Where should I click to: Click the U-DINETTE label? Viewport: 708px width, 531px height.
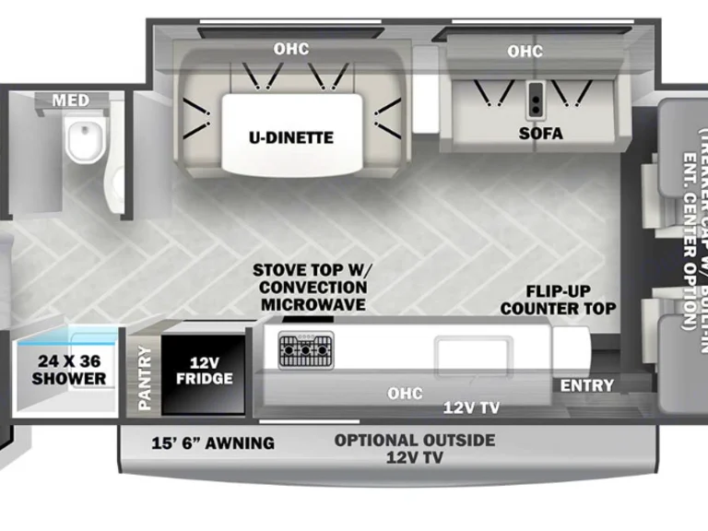click(290, 137)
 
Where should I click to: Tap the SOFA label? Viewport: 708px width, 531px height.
click(539, 133)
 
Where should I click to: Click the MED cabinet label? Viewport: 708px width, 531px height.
click(70, 100)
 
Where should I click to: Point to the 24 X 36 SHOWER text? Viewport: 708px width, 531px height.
click(69, 370)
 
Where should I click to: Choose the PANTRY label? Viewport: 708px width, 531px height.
click(144, 377)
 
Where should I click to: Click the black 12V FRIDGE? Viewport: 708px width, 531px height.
click(205, 370)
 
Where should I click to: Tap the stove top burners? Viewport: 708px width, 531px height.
click(306, 349)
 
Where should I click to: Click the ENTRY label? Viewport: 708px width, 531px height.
click(586, 384)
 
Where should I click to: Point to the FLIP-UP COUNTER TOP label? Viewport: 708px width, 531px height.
click(558, 298)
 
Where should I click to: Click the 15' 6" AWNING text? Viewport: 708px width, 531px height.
click(212, 442)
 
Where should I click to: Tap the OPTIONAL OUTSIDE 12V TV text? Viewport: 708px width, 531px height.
click(414, 448)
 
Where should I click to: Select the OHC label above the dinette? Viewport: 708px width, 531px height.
click(290, 48)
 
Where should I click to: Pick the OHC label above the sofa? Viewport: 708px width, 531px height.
click(525, 52)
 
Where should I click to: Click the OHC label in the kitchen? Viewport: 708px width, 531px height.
click(405, 394)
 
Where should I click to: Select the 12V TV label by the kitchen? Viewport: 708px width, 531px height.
click(471, 407)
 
